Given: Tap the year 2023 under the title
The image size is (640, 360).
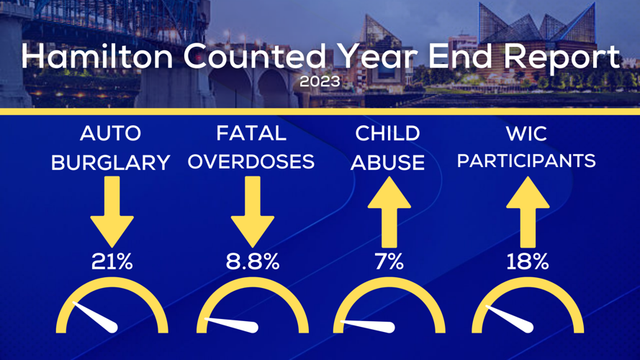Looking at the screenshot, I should (x=320, y=81).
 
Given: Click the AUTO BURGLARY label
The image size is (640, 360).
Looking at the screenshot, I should (x=111, y=148).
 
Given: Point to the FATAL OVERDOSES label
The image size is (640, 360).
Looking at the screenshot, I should (x=251, y=148).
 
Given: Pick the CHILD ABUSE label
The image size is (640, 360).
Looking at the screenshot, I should (x=388, y=148).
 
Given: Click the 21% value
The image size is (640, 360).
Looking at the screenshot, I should (x=112, y=262).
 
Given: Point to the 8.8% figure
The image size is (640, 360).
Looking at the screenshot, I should (x=252, y=262).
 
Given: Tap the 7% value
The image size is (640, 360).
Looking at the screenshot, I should (x=389, y=262).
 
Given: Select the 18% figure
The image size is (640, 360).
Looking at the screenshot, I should (x=527, y=262).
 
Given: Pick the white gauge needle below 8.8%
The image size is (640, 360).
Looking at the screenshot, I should (x=234, y=325).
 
